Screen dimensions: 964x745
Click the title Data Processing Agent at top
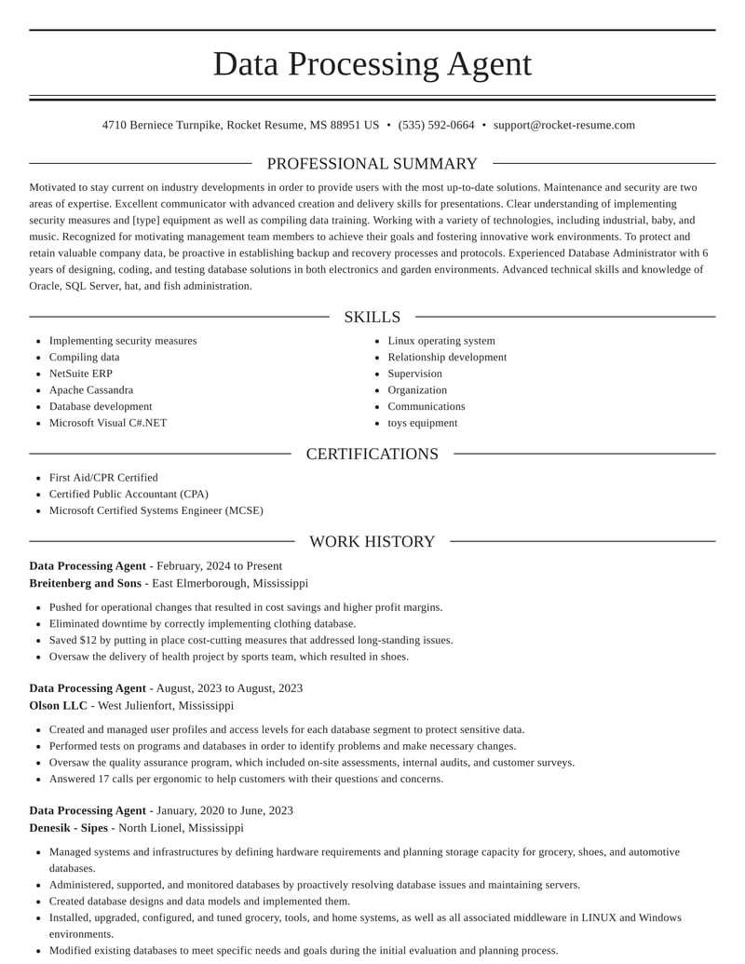[x=372, y=64]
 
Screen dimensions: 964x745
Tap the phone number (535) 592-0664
[x=436, y=125]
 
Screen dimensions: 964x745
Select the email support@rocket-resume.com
[x=563, y=125]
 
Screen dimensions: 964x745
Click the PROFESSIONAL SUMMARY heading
[x=372, y=164]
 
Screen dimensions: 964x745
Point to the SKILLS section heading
[x=372, y=317]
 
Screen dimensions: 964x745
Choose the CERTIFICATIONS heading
[x=372, y=454]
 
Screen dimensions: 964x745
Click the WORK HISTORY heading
[x=372, y=541]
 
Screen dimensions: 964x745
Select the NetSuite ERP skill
[x=81, y=373]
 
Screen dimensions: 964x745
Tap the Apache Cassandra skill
[x=91, y=390]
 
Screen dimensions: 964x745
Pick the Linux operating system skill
[x=441, y=341]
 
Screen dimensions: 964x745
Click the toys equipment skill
[x=423, y=423]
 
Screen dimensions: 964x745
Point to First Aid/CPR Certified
[x=103, y=478]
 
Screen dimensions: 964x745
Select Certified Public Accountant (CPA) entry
[x=129, y=495]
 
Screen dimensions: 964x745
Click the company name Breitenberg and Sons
[x=86, y=583]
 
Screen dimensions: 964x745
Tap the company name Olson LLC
[x=58, y=706]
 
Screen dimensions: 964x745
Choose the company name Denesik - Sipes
[x=68, y=828]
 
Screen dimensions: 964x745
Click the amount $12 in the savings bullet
[x=88, y=641]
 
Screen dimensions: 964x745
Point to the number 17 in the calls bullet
[x=103, y=780]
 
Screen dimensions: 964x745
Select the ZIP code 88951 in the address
[x=346, y=125]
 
